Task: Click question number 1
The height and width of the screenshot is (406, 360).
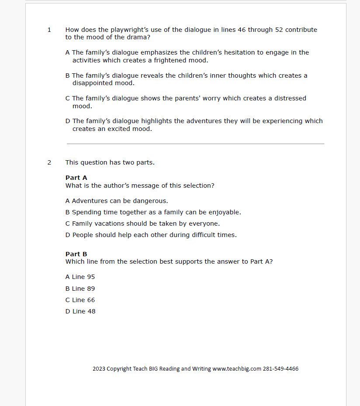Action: pyautogui.click(x=49, y=30)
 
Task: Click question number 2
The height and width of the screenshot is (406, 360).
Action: pyautogui.click(x=49, y=163)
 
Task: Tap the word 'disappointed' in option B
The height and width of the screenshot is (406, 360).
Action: pyautogui.click(x=93, y=83)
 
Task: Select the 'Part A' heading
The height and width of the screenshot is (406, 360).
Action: pyautogui.click(x=76, y=178)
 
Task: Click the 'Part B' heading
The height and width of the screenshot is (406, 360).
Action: pyautogui.click(x=76, y=254)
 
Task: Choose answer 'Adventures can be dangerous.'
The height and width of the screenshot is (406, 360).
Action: pyautogui.click(x=117, y=201)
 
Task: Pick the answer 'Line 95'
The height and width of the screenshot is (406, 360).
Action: pyautogui.click(x=80, y=277)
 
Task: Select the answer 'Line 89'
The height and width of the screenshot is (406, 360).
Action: pyautogui.click(x=80, y=289)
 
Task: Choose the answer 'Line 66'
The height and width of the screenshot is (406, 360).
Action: pyautogui.click(x=80, y=300)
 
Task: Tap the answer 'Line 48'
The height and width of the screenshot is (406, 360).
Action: pyautogui.click(x=81, y=311)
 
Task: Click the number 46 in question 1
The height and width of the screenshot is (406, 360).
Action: pyautogui.click(x=242, y=30)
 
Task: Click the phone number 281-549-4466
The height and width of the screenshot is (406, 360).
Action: pyautogui.click(x=280, y=369)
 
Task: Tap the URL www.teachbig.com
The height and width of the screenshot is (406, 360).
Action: pyautogui.click(x=236, y=369)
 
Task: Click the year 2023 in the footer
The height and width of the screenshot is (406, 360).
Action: pyautogui.click(x=99, y=369)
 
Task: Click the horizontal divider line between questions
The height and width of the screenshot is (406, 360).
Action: pyautogui.click(x=195, y=144)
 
